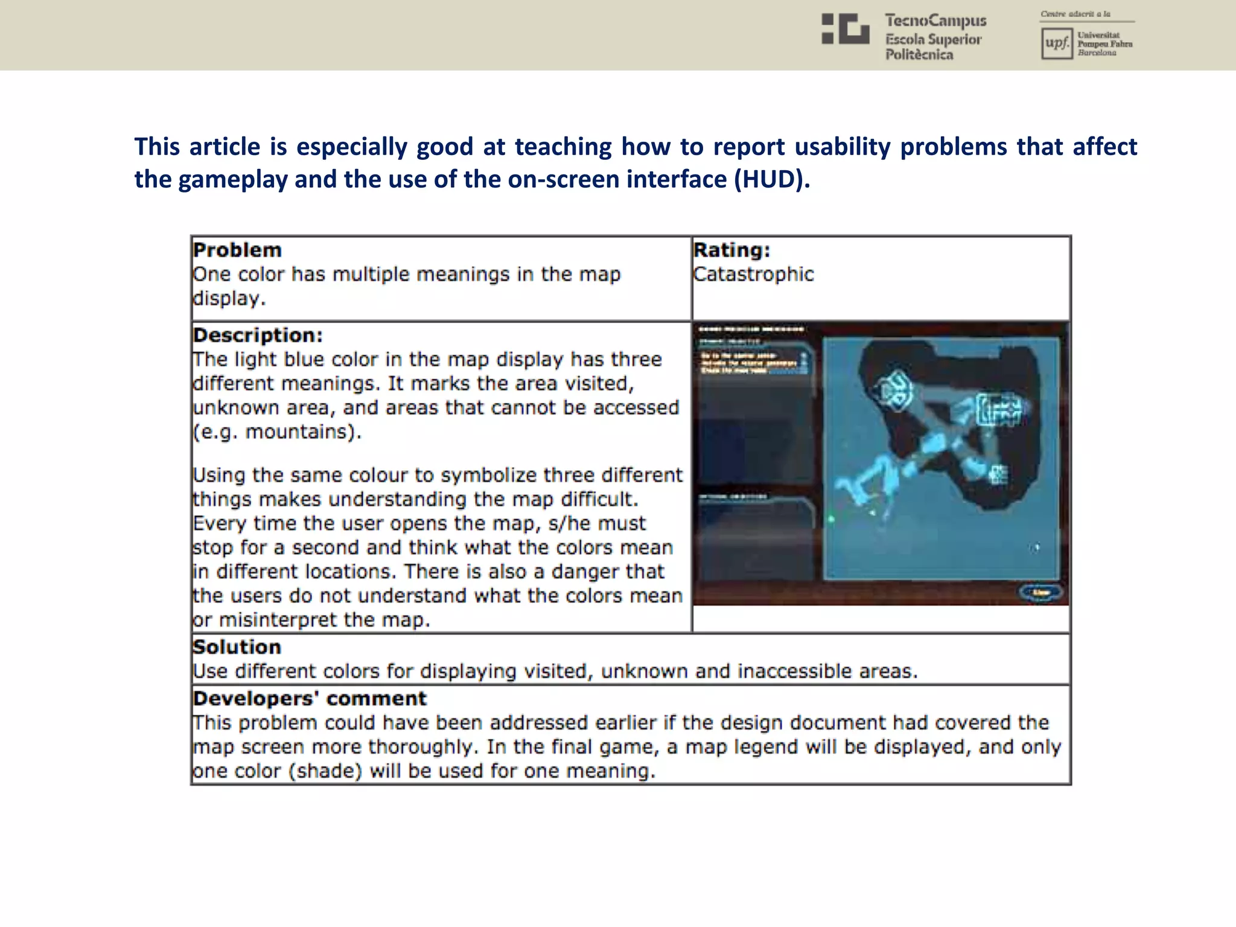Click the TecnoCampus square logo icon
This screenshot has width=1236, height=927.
tap(845, 29)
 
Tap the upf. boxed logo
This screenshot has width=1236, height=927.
tap(1056, 43)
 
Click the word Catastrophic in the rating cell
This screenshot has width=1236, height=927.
tap(753, 275)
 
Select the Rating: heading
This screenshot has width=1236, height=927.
tap(731, 250)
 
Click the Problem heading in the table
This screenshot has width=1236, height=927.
tap(237, 250)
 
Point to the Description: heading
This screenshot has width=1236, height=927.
tap(258, 335)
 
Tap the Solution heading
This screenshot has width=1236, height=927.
tap(237, 647)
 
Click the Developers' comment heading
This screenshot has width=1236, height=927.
tap(309, 698)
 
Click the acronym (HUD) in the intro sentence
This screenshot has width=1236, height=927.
tap(771, 179)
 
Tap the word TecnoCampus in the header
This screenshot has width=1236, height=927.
tap(935, 21)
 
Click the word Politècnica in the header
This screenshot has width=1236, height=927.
tap(919, 55)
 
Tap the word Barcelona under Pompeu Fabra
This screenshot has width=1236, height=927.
tap(1097, 53)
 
